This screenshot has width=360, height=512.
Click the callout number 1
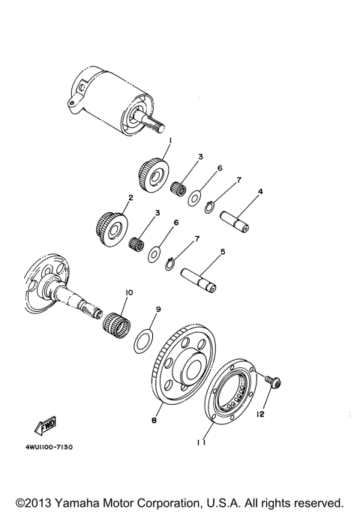170,140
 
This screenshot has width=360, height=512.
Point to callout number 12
260,413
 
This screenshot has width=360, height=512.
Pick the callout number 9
158,309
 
